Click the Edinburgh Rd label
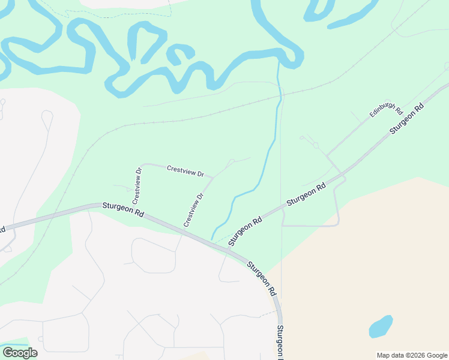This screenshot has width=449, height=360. [386, 109]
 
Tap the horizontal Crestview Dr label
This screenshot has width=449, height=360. [185, 170]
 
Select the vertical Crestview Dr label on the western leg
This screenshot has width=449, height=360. [138, 185]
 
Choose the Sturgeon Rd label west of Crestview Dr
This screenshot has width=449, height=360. [123, 209]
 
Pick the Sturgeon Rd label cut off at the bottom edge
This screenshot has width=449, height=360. [280, 343]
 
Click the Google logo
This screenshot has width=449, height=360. [20, 353]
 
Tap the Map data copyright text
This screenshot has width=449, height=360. [412, 355]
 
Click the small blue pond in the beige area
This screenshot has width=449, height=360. [381, 326]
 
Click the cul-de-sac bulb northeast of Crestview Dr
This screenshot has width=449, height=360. [232, 161]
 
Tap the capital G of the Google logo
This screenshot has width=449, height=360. [8, 353]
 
